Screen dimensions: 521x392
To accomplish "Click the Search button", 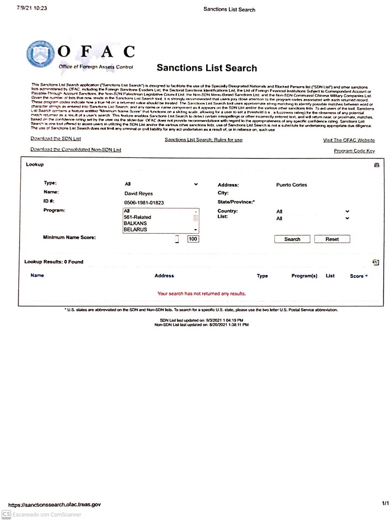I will point(292,239).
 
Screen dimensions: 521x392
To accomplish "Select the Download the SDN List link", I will point(56,138).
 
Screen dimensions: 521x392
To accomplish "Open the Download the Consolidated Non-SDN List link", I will point(76,150).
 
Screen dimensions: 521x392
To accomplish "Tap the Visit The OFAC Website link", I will point(348,140).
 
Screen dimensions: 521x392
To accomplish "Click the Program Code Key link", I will point(354,151).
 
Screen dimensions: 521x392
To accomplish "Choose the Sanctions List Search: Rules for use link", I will point(203,139).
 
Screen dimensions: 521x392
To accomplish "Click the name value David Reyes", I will point(138,193).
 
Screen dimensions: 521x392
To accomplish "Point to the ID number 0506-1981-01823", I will point(144,202).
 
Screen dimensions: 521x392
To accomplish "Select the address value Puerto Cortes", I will point(291,185).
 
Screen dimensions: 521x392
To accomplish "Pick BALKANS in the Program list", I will point(136,223).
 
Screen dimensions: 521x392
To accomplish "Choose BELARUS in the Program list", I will point(136,230).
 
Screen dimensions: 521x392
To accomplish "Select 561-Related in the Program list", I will point(138,217).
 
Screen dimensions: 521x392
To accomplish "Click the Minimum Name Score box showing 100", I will point(193,239).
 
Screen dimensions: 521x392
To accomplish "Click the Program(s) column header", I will point(304,276).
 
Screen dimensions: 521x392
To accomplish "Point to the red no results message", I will point(201,293).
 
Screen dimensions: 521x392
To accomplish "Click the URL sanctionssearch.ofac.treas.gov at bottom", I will point(54,505).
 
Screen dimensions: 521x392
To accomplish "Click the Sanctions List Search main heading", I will point(207,68).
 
